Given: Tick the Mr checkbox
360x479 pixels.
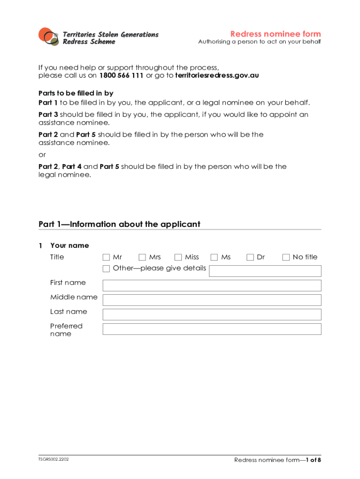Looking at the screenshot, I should tap(106, 257).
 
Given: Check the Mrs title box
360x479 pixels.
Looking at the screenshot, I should tap(142, 257).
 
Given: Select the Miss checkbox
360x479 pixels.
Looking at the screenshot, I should tap(178, 257).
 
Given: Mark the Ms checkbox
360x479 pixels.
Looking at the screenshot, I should tap(214, 257).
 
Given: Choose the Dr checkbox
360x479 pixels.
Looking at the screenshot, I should tap(250, 257).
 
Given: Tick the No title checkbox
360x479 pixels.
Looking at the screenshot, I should tap(286, 257).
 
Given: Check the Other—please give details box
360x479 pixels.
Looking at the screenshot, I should tap(106, 269).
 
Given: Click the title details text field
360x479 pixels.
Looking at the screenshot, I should tap(265, 271).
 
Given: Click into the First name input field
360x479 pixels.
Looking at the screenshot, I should tap(212, 286).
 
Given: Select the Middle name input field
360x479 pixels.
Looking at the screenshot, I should tap(212, 300).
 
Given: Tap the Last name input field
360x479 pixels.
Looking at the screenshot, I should tap(212, 315).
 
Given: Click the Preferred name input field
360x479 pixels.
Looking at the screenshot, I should tap(212, 329).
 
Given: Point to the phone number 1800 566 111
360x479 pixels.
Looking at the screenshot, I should tap(121, 76).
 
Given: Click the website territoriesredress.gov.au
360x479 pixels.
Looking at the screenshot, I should tap(217, 76).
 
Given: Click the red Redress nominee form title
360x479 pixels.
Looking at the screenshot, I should tap(275, 34).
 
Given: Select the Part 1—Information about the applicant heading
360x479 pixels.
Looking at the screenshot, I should tap(119, 225).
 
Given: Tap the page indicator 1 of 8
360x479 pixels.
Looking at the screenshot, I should tap(313, 460).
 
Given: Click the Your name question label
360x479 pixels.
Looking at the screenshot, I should tap(69, 246).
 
